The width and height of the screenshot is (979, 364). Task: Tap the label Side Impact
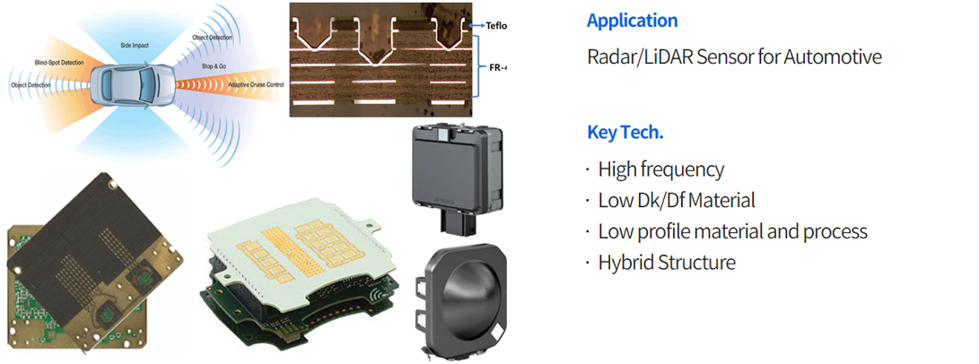tap(135, 44)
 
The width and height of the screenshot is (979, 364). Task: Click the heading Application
tap(632, 20)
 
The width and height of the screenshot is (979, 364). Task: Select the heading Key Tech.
tap(625, 133)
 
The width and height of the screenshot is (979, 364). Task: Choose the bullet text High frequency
tap(660, 169)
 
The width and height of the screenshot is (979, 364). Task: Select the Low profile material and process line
tap(732, 231)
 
